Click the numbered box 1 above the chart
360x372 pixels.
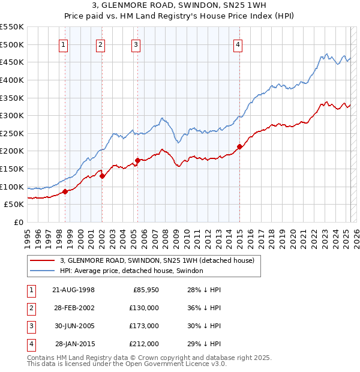pyautogui.click(x=64, y=44)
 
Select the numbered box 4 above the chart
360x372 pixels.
pyautogui.click(x=238, y=44)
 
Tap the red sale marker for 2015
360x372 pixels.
pyautogui.click(x=239, y=146)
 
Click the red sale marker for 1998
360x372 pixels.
pyautogui.click(x=65, y=191)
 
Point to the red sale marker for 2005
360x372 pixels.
pyautogui.click(x=138, y=160)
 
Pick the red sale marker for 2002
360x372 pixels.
pyautogui.click(x=102, y=176)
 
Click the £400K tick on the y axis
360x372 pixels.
pyautogui.click(x=11, y=80)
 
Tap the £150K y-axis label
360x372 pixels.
pyautogui.click(x=11, y=169)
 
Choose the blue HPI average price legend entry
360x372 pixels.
pyautogui.click(x=131, y=271)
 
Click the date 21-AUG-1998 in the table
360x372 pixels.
pyautogui.click(x=73, y=290)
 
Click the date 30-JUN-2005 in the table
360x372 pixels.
pyautogui.click(x=73, y=326)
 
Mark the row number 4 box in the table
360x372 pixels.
pyautogui.click(x=31, y=344)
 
